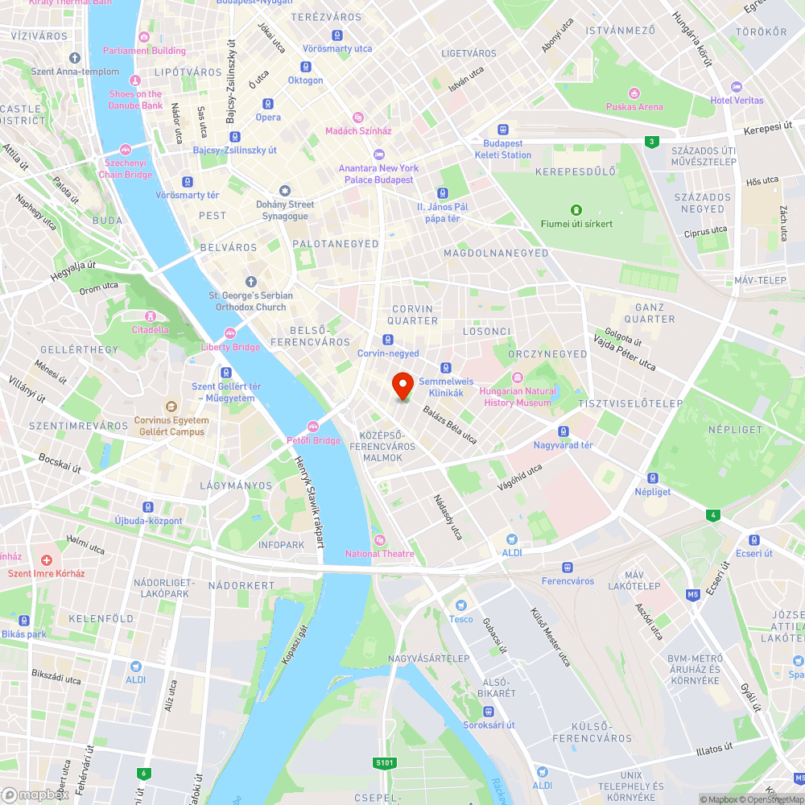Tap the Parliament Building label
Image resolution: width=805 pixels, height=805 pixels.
tap(144, 51)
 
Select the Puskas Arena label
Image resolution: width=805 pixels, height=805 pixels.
tap(635, 106)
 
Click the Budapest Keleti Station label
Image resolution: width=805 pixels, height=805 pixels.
tap(502, 149)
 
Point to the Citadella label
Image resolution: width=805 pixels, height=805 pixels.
tap(151, 329)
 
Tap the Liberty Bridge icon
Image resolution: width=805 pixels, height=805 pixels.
tap(230, 333)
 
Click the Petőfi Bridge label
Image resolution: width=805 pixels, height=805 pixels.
tap(313, 440)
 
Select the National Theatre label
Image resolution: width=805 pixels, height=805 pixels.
tap(380, 553)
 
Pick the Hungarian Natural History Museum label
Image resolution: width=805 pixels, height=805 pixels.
tap(517, 397)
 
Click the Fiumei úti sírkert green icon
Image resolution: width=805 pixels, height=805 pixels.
tap(576, 210)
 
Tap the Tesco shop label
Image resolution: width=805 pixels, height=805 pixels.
tap(460, 618)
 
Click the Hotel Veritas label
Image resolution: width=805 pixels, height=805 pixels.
tap(737, 100)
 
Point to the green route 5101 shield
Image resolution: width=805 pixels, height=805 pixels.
tap(385, 761)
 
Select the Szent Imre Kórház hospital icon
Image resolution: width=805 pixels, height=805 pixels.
tap(47, 560)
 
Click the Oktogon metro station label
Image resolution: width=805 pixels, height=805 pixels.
tap(306, 80)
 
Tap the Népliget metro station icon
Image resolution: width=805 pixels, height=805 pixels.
tap(652, 477)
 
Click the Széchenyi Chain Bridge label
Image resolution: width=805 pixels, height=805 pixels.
tap(125, 168)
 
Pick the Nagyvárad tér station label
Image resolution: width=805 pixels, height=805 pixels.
tap(563, 445)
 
